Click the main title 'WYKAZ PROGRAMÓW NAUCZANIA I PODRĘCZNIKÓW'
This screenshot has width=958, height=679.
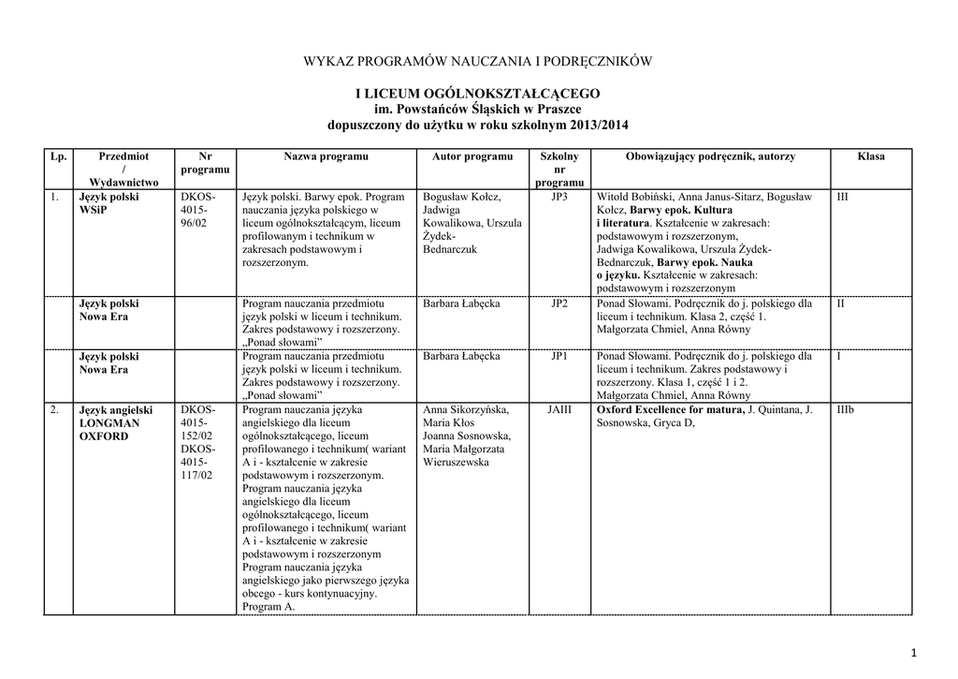click(478, 62)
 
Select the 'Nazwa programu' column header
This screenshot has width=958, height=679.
click(326, 156)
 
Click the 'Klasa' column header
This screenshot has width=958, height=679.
click(870, 156)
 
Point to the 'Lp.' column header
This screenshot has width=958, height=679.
click(58, 156)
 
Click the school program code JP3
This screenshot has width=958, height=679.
click(559, 198)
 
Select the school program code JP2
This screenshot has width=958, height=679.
click(559, 304)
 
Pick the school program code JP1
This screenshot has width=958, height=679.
click(559, 357)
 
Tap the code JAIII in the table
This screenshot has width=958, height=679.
click(559, 410)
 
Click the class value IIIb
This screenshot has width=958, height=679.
click(845, 410)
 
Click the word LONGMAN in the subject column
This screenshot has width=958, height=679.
click(109, 423)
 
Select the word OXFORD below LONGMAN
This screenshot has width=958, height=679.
click(104, 436)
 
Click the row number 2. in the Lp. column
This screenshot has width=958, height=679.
click(56, 410)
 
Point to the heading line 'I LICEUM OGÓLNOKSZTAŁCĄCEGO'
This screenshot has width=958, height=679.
click(478, 95)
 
